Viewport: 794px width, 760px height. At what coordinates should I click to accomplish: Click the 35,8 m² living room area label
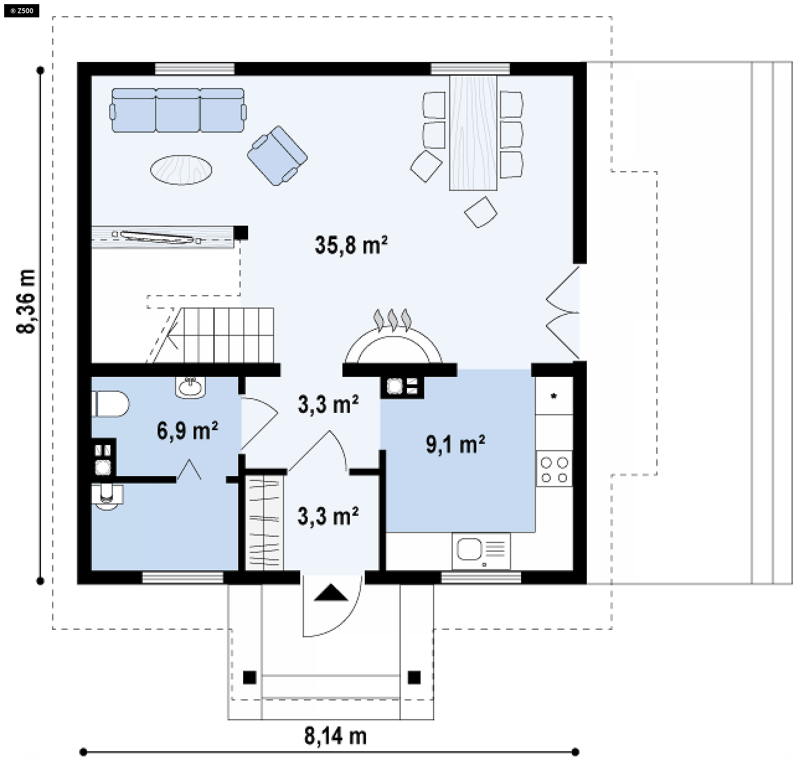point(351,245)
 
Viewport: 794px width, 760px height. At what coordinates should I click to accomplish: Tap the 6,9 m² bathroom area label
point(187,431)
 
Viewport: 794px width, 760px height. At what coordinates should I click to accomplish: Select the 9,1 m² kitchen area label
point(455,444)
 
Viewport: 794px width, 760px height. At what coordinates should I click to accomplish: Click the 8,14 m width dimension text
point(335,736)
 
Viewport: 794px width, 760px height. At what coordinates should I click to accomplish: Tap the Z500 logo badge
point(22,11)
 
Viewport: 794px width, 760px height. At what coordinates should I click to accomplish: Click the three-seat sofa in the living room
point(178,110)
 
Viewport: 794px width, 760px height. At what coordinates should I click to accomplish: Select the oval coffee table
point(181,170)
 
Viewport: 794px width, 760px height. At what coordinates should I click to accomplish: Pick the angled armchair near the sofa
point(277,156)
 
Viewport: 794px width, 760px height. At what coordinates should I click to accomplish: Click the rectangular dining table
point(473,133)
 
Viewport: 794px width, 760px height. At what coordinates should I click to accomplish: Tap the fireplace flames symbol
point(392,320)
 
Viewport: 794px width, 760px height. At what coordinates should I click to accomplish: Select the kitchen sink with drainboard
point(481,551)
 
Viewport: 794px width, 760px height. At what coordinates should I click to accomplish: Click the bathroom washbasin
point(190,387)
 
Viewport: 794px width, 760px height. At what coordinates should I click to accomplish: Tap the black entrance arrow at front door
point(331,592)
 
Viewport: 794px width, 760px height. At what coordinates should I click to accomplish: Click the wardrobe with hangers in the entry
point(265,523)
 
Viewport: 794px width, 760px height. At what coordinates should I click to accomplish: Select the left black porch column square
point(249,678)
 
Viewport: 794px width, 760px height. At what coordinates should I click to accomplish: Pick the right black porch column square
point(414,678)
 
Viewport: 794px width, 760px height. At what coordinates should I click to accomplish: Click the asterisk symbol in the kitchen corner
point(554,396)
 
